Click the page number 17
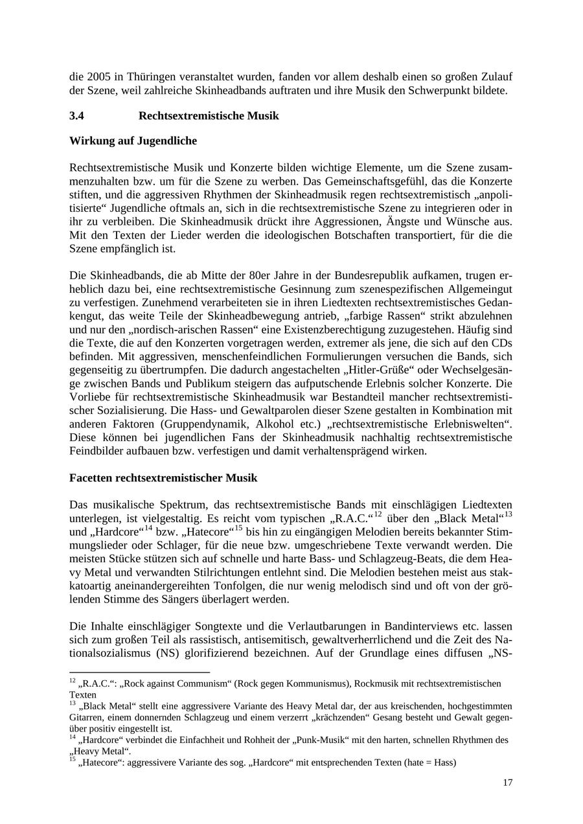click(x=507, y=783)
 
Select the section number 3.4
click(x=77, y=116)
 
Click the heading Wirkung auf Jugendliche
click(x=133, y=141)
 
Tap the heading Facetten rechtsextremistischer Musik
click(x=163, y=478)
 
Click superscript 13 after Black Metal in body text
click(x=508, y=514)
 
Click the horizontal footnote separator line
click(x=139, y=672)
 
